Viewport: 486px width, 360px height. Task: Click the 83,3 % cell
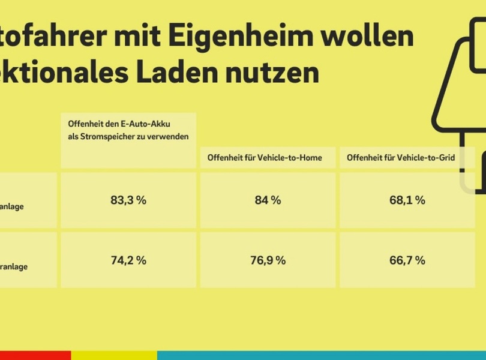(x=128, y=200)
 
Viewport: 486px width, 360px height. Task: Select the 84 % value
(x=268, y=200)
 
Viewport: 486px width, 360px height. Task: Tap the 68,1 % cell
(x=407, y=200)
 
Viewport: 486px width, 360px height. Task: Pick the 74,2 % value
(x=128, y=260)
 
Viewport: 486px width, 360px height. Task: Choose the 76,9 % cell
(x=268, y=260)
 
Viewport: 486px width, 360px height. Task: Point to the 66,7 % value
(x=407, y=260)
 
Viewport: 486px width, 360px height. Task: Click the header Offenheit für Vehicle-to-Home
(x=265, y=158)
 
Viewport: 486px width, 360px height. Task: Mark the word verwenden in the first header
(x=169, y=137)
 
